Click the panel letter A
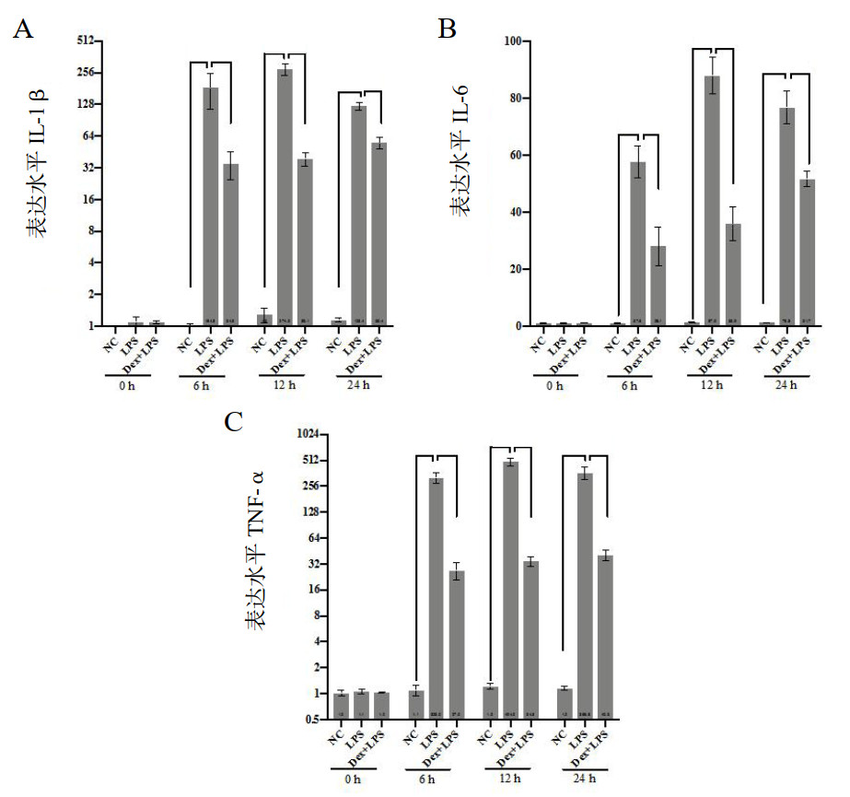[22, 29]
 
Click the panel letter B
[448, 29]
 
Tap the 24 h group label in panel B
[786, 385]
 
